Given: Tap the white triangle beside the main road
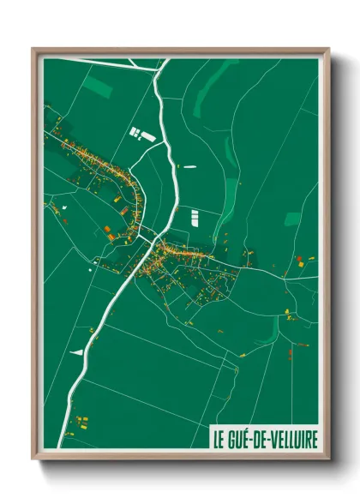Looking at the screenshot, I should (77, 351).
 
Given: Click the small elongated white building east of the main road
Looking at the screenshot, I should (189, 165).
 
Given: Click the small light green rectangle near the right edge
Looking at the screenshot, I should (292, 219).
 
